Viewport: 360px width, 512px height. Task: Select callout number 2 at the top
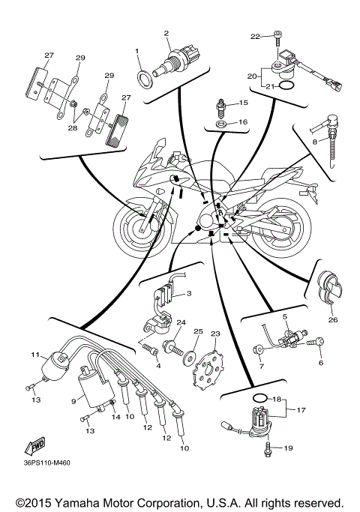pyautogui.click(x=166, y=33)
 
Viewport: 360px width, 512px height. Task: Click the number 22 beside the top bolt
pyautogui.click(x=254, y=36)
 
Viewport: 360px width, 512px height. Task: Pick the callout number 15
pyautogui.click(x=242, y=103)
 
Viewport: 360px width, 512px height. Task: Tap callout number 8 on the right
pyautogui.click(x=305, y=140)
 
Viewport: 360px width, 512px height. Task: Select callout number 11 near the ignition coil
pyautogui.click(x=34, y=354)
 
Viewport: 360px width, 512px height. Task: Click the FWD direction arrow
pyautogui.click(x=36, y=448)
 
